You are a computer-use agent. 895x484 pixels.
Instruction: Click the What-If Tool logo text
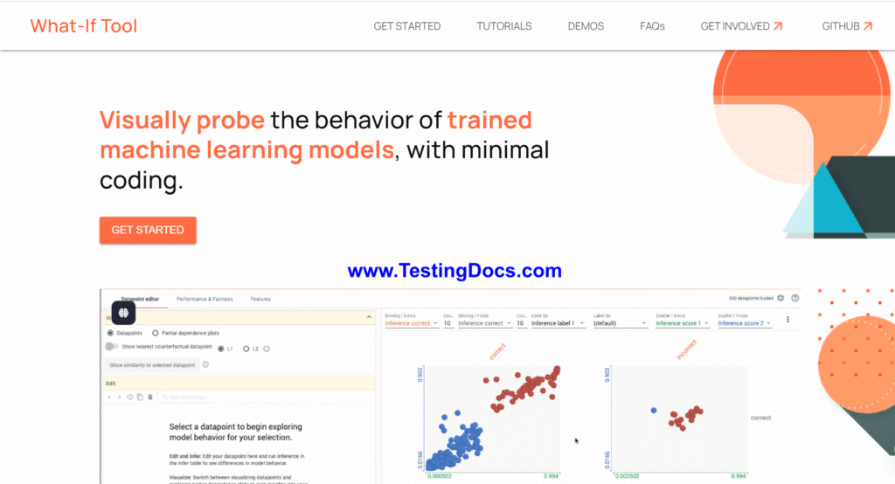point(84,26)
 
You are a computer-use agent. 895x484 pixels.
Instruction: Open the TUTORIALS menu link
point(504,26)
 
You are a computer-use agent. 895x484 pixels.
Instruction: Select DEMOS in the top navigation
point(586,26)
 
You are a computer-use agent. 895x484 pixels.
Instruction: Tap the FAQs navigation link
point(652,26)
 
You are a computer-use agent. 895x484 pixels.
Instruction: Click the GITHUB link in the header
point(847,26)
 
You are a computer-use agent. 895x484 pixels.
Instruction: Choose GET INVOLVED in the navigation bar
point(741,26)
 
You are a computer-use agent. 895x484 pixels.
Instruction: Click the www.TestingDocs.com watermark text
point(454,271)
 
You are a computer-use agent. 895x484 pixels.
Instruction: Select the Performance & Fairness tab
point(205,299)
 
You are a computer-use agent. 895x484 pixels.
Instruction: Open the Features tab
point(260,299)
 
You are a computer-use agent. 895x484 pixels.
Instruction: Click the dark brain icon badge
point(125,312)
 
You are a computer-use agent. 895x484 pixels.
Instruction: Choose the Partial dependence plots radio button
point(156,333)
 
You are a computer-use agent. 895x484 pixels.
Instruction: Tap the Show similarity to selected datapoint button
point(151,364)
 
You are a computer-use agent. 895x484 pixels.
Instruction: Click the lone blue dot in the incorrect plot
point(654,410)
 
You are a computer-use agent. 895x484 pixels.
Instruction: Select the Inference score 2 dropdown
point(744,323)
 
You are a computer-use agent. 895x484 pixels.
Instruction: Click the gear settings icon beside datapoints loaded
point(781,298)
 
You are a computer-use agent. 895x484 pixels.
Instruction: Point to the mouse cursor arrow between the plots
point(576,440)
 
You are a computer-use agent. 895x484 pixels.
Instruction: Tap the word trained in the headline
point(489,120)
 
